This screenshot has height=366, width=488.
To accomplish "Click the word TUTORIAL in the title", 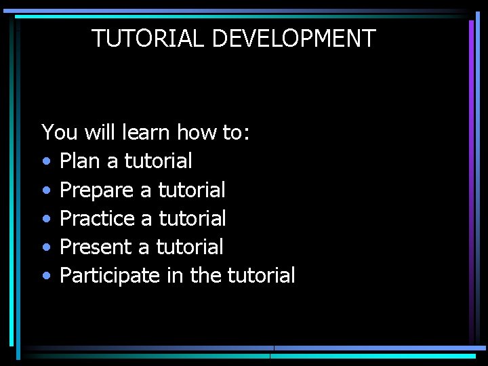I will click(148, 39).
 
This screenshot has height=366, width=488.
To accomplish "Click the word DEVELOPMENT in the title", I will click(293, 39).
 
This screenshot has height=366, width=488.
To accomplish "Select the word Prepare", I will click(96, 190).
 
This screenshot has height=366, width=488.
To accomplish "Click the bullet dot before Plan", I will click(45, 162).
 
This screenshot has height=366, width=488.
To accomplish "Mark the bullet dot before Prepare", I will click(45, 190).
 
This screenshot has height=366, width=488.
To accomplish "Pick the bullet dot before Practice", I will click(45, 219).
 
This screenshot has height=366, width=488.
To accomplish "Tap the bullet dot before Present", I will click(45, 248).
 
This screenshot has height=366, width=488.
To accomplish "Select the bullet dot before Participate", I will click(45, 277).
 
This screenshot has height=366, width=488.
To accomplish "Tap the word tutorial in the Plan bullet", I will click(158, 161).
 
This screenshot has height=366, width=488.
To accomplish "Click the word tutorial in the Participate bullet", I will click(261, 276).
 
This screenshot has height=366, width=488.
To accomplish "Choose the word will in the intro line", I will click(100, 132).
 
